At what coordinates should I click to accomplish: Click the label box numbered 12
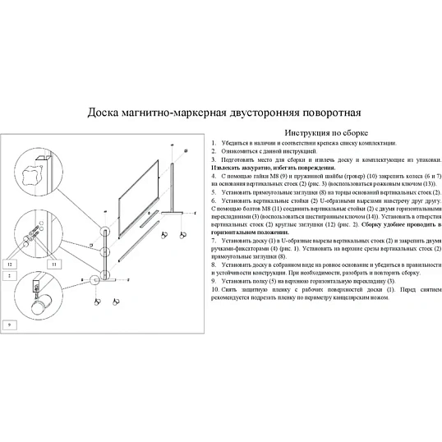coord(10,265)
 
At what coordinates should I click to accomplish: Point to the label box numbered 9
coord(10,325)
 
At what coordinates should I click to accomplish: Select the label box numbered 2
coord(10,276)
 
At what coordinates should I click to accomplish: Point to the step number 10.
coord(214,289)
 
